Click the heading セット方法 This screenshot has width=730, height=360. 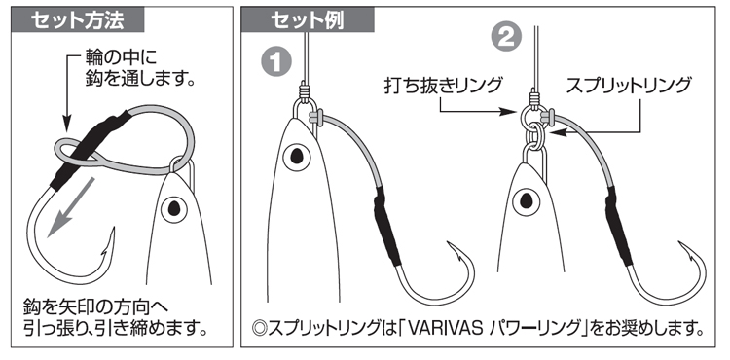click(x=77, y=20)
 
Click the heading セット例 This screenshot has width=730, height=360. click(x=308, y=20)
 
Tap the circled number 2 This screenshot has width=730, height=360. click(x=505, y=36)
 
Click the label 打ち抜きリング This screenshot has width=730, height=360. click(x=444, y=86)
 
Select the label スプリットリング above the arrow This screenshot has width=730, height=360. click(x=629, y=86)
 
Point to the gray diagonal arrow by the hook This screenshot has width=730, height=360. click(x=71, y=207)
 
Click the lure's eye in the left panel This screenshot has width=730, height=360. click(x=174, y=208)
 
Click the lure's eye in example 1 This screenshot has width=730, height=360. click(x=297, y=156)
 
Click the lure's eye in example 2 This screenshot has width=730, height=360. click(x=526, y=201)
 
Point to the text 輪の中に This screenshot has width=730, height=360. click(x=121, y=57)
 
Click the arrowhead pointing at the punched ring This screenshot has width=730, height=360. click(x=510, y=112)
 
